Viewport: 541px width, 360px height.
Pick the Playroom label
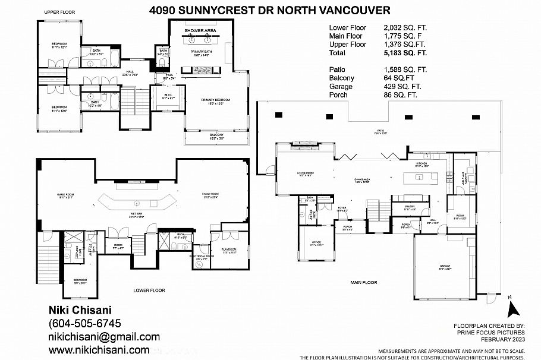pyautogui.click(x=229, y=250)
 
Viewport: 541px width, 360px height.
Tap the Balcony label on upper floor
pyautogui.click(x=216, y=135)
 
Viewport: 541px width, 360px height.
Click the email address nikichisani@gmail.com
pyautogui.click(x=103, y=337)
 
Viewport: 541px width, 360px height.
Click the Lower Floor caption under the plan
pyautogui.click(x=149, y=290)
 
